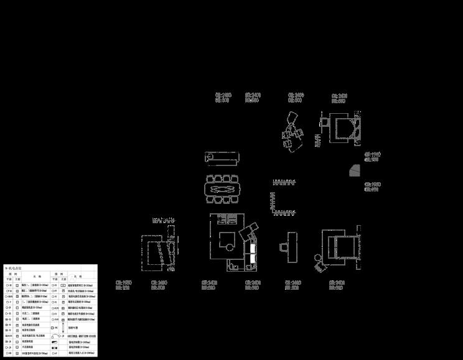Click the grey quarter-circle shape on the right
click(355, 170)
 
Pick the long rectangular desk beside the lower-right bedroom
click(292, 247)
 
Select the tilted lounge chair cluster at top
click(292, 130)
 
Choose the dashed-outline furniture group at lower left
click(156, 252)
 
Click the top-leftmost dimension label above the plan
click(223, 98)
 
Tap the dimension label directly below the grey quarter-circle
click(372, 187)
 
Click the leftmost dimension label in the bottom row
click(123, 285)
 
